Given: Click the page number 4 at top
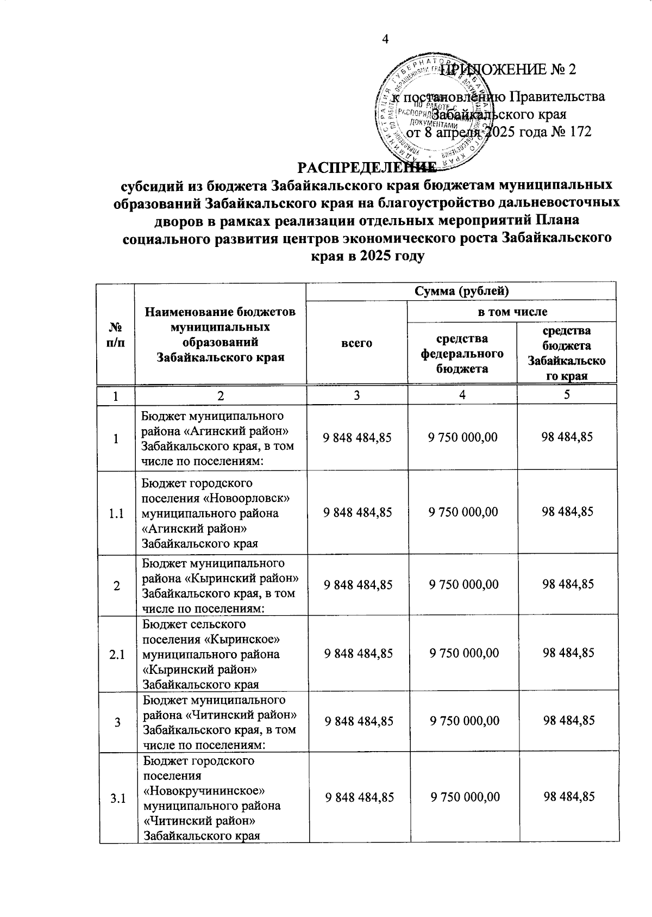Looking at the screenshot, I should coord(385,39).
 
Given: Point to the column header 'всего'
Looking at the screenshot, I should coord(357,343).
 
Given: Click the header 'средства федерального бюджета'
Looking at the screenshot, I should coord(461,353).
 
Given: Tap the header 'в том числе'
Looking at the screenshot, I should coord(512,312).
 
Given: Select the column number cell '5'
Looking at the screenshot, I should coord(566,395).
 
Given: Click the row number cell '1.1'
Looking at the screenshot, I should coord(116,513).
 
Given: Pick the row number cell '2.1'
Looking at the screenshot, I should coord(116,654).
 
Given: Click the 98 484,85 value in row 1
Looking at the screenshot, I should coord(567,437).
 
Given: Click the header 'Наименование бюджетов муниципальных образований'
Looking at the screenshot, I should coord(220,334).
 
